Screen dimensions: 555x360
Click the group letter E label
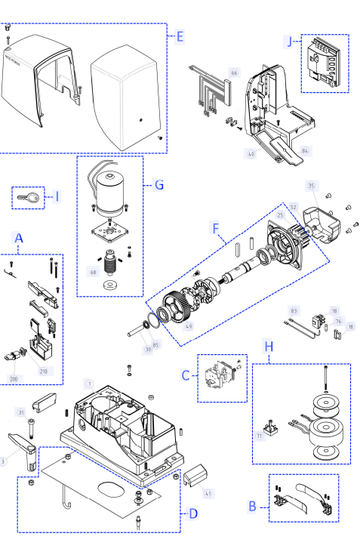coord(180,36)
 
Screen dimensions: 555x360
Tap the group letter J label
coord(290,41)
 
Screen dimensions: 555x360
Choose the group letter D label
coord(193,513)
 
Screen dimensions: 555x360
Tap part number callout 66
coord(234,73)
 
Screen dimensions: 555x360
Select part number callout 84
coord(305,151)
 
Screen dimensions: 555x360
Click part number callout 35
coord(311,185)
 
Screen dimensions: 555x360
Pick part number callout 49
coord(188,325)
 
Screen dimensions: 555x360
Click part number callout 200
coord(13,378)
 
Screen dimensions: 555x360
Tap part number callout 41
coord(208,494)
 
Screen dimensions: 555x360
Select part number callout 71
coord(260,436)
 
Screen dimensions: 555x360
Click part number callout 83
coord(294,310)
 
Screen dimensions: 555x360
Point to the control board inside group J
coord(324,63)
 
